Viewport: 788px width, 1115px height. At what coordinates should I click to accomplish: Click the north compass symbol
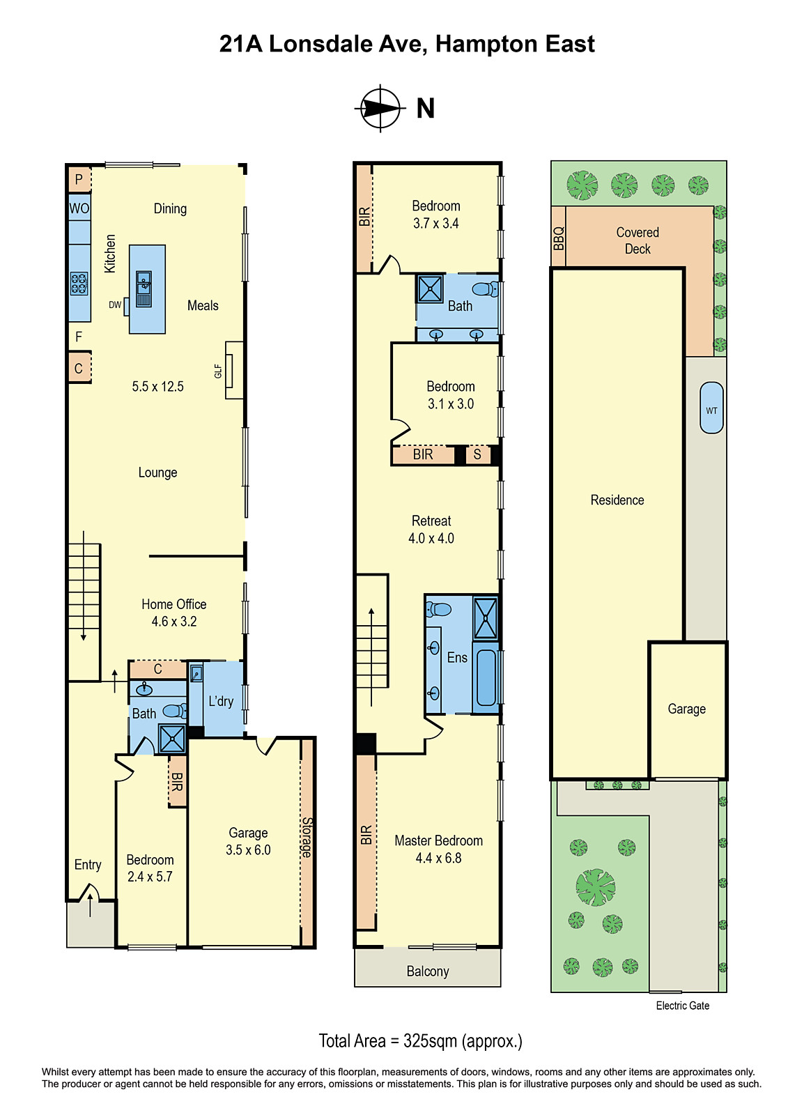coord(380,108)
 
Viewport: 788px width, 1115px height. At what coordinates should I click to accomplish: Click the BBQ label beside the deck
coord(558,238)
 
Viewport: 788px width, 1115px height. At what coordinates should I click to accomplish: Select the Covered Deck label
coord(638,240)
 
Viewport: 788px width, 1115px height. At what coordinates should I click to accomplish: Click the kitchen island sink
coord(144,289)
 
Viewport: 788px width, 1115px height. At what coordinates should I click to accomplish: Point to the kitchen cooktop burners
coord(79,283)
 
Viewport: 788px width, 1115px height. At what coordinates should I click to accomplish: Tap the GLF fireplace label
coord(218,371)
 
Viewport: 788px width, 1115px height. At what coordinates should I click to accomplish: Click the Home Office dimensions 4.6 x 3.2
coord(174,622)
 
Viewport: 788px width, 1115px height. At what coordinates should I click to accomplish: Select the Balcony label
coord(427,971)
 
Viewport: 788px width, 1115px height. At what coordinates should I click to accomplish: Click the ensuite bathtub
coord(486,677)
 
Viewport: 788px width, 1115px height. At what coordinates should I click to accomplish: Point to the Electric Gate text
coord(682,1006)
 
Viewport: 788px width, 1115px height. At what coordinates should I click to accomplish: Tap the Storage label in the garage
coord(307,837)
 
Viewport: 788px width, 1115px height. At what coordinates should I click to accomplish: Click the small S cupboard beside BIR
coord(477,454)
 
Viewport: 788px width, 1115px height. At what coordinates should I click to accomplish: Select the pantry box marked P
coord(79,180)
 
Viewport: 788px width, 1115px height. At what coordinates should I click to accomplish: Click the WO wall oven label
coord(79,208)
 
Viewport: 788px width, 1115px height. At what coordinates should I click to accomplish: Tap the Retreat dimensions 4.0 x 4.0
coord(431,538)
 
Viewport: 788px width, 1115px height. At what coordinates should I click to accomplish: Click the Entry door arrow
coord(90,905)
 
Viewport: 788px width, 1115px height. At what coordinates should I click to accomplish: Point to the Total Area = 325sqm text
coord(420,1041)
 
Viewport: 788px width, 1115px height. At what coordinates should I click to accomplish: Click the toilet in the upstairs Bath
coord(485,289)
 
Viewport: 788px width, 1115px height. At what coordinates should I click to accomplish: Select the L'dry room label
coord(221,701)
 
